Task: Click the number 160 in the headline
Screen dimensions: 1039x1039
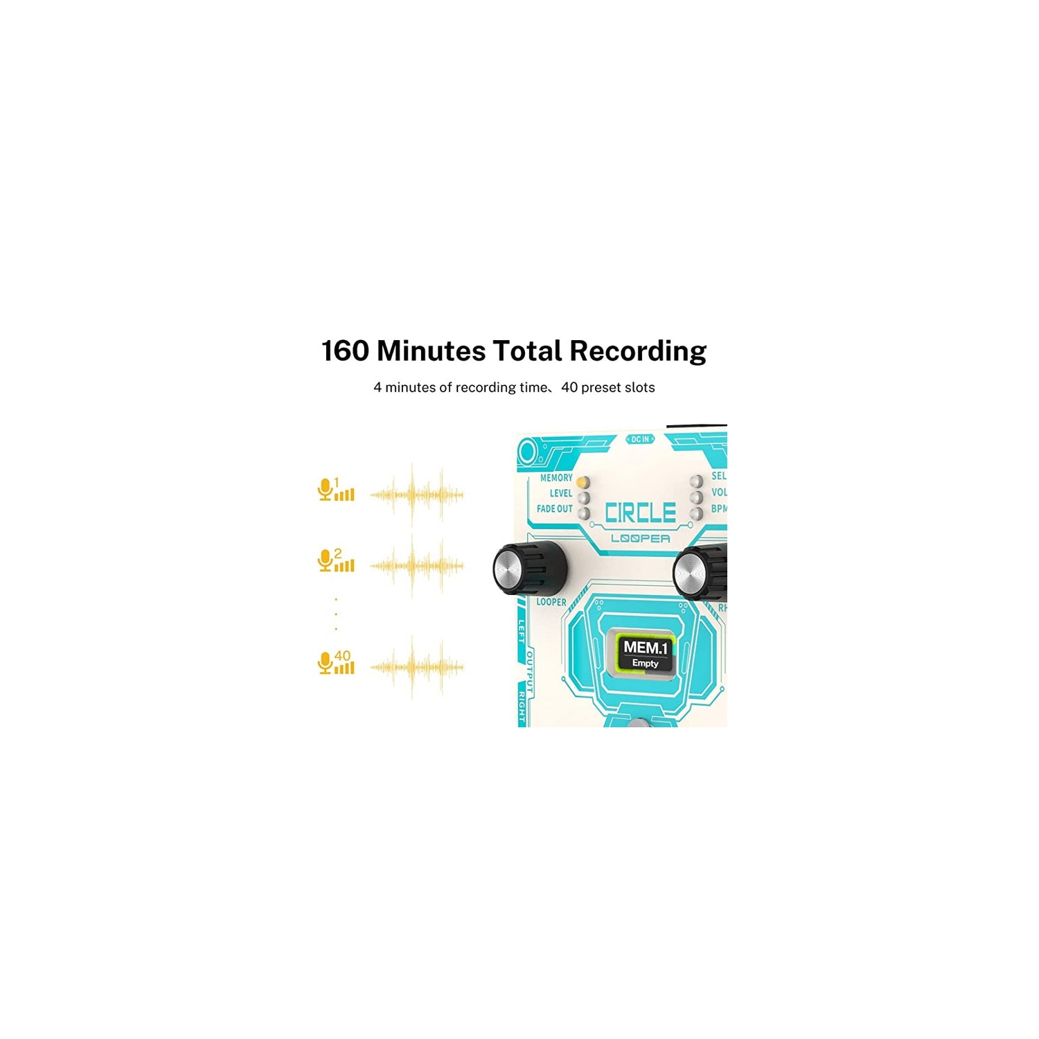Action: tap(345, 351)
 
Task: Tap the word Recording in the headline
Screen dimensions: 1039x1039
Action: tap(638, 351)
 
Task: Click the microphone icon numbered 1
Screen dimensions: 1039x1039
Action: tap(325, 489)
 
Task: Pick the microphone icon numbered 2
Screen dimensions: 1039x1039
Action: tap(325, 560)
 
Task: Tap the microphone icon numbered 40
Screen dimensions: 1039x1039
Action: tap(325, 663)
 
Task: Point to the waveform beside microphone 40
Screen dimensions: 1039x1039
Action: tap(416, 667)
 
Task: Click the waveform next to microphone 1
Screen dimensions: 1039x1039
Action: tap(416, 495)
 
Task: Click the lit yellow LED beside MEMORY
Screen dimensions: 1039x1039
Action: tap(583, 481)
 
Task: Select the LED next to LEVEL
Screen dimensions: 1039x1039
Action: tap(584, 497)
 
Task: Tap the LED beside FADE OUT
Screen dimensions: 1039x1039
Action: tap(584, 513)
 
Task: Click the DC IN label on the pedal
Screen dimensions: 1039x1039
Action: tap(640, 439)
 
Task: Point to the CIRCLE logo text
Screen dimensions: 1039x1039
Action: tap(640, 513)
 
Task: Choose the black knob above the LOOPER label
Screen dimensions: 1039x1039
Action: tap(530, 568)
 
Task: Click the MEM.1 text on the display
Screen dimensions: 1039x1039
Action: tap(645, 648)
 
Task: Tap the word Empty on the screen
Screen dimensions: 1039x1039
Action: tap(645, 664)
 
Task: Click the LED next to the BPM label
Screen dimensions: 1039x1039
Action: tap(697, 513)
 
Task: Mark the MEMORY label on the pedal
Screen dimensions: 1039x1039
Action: tap(556, 478)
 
